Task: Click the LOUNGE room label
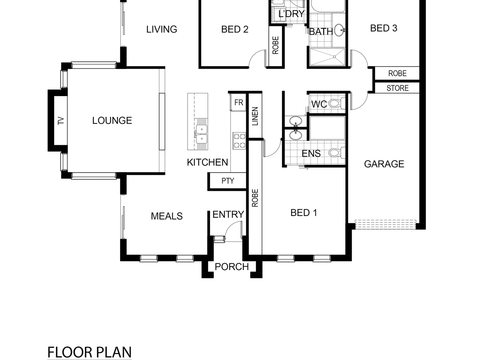112,120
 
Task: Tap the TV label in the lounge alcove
61,120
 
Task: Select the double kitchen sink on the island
201,134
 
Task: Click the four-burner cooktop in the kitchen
239,140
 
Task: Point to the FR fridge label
239,103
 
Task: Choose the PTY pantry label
228,181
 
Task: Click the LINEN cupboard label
255,116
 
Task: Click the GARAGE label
384,164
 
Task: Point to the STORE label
397,88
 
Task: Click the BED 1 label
304,213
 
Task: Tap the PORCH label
232,267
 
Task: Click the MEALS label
167,216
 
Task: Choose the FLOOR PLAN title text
89,352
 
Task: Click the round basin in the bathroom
339,30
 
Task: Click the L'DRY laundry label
291,14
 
